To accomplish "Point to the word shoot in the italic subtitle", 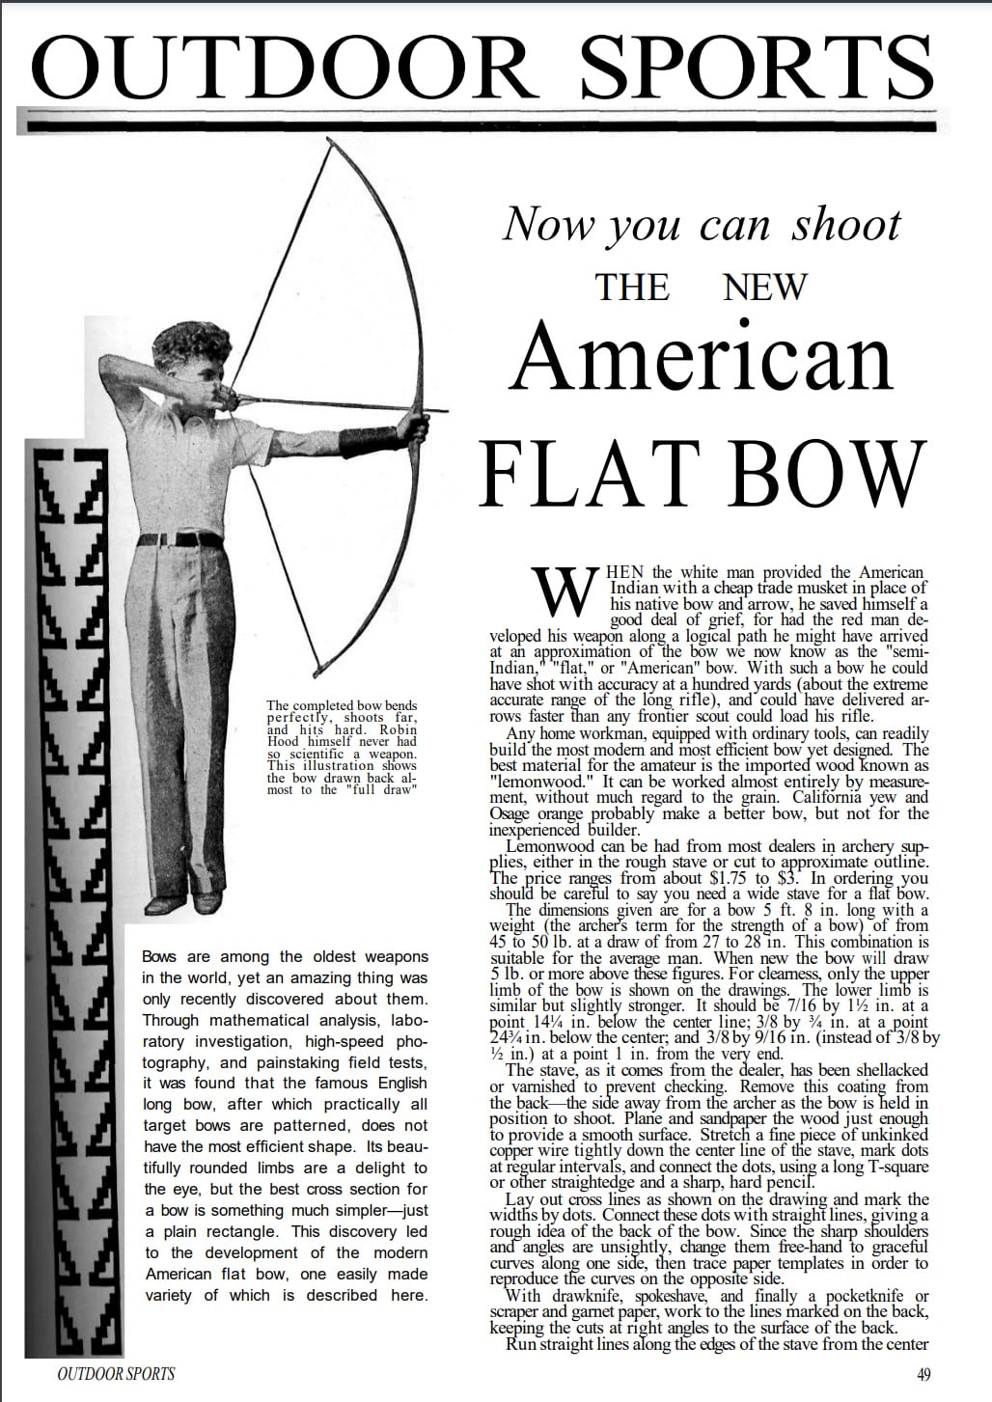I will [x=846, y=224].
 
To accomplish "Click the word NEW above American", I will [x=764, y=287].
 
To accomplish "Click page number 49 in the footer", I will [x=923, y=1375].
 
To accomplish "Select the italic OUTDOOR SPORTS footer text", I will [x=117, y=1374].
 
